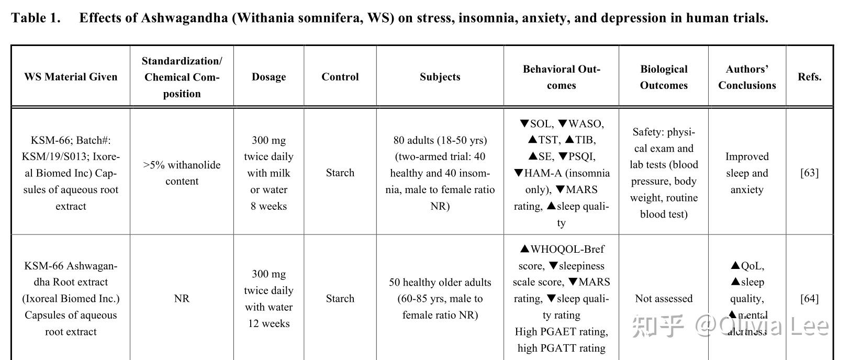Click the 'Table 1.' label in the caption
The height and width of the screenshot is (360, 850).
pos(36,18)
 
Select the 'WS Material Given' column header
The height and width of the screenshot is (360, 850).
pos(71,77)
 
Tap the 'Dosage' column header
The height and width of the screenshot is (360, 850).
pos(269,77)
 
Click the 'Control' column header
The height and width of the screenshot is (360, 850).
pos(340,77)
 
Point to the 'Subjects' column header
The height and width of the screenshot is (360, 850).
pos(440,77)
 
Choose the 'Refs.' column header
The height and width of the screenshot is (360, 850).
pos(809,77)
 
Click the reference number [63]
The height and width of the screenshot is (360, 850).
pos(809,173)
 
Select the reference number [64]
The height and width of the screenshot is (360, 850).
pos(809,298)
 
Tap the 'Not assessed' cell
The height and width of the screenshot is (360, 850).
pos(663,298)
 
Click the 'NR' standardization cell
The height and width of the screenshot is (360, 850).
pos(182,298)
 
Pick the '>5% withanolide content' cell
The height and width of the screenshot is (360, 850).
pos(182,173)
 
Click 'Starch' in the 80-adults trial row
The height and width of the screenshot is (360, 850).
pos(340,173)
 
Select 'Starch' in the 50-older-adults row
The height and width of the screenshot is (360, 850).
pos(340,298)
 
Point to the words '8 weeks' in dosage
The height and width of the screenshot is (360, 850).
pos(269,206)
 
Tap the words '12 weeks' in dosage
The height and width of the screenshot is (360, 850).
pos(269,323)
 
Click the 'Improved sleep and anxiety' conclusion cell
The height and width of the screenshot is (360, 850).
pos(746,173)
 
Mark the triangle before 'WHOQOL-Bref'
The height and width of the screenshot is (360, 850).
pos(524,249)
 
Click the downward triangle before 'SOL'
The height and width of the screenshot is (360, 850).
pos(524,123)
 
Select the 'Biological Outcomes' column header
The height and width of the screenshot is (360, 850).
pos(663,77)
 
